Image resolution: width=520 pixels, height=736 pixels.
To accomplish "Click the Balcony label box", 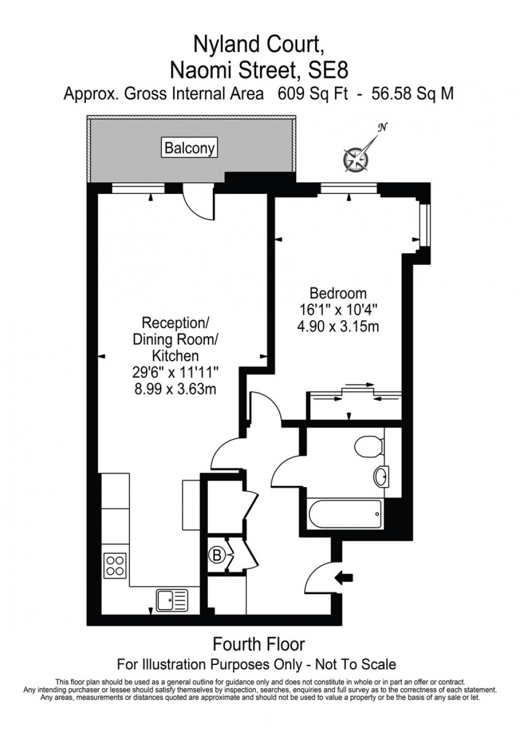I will [x=189, y=148].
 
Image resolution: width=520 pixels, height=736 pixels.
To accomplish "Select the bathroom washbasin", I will [x=382, y=476].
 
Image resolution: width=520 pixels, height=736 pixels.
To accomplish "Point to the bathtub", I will [x=344, y=514].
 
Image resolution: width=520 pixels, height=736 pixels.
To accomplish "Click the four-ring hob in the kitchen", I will [x=115, y=565].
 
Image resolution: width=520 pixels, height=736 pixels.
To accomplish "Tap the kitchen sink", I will [x=171, y=600].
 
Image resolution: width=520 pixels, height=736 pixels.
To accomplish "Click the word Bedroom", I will [x=338, y=293].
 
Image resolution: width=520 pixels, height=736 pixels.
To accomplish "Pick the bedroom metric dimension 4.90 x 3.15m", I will [x=338, y=326].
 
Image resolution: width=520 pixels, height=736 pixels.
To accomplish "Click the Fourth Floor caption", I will [x=259, y=644].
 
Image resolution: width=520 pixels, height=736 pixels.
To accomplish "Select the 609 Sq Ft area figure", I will [x=313, y=93].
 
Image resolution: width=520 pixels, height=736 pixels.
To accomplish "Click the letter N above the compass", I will [x=382, y=127].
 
